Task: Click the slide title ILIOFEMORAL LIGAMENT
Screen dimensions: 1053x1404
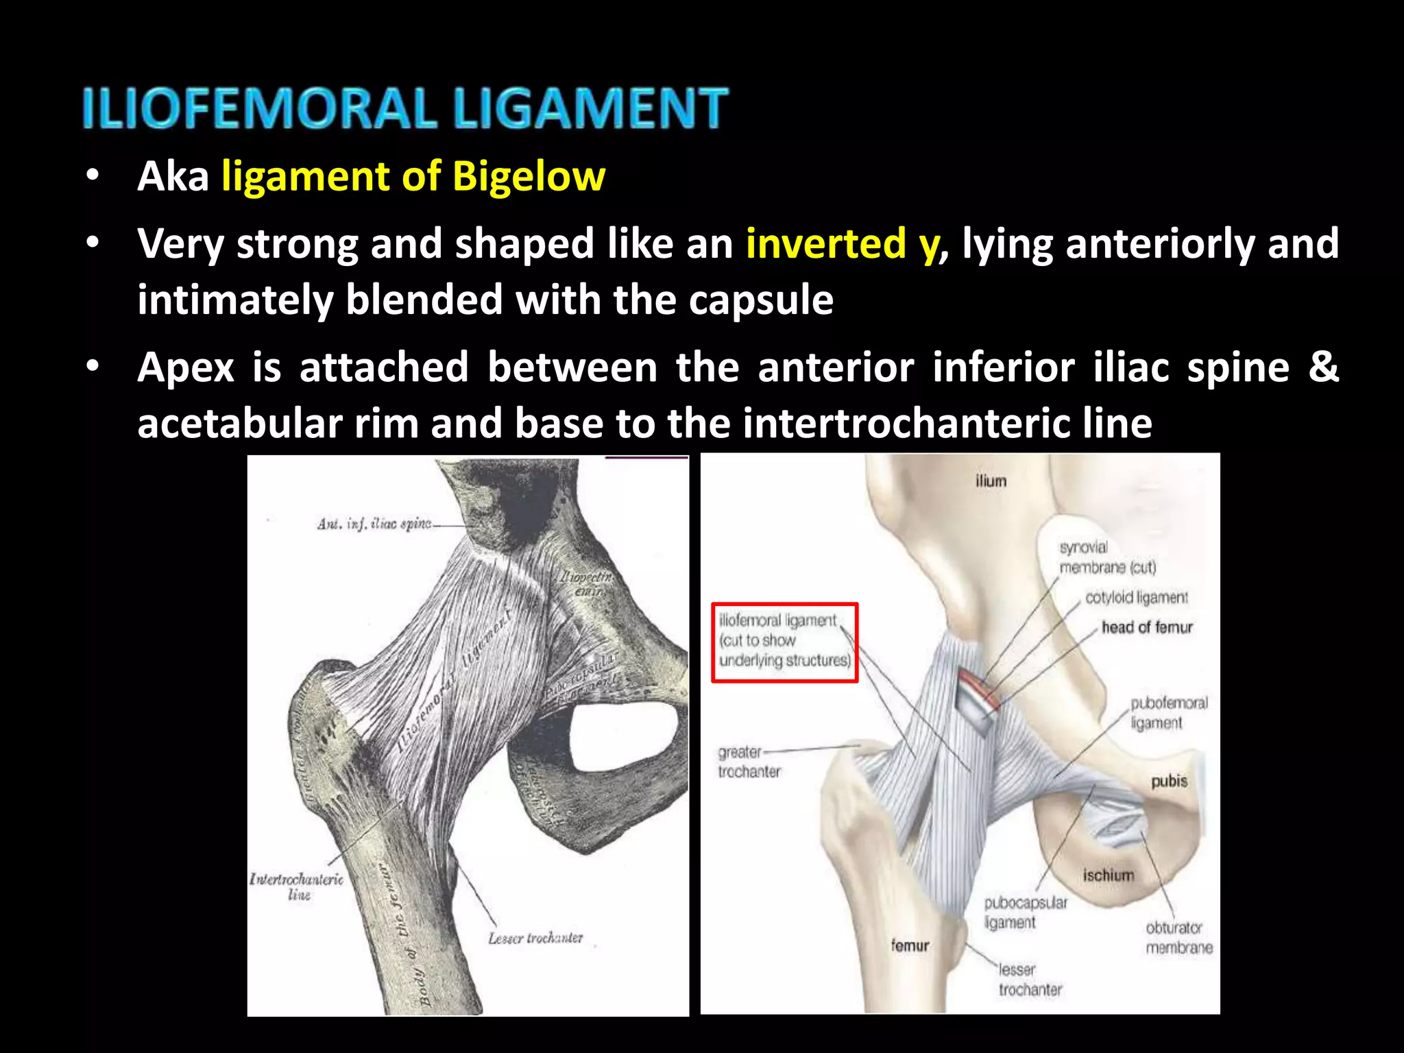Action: coord(404,108)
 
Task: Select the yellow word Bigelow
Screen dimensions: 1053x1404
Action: coord(529,176)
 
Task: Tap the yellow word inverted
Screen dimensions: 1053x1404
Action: coord(826,243)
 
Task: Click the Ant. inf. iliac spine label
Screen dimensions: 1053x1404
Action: coord(374,524)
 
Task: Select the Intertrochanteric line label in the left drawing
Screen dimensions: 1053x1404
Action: coord(297,886)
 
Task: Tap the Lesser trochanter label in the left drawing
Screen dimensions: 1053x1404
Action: coord(535,937)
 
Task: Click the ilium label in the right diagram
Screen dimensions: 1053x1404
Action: coord(991,481)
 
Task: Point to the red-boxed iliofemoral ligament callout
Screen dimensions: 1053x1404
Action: coord(784,641)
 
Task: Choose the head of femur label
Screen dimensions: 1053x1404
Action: coord(1147,627)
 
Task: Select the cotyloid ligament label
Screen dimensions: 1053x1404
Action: coord(1136,598)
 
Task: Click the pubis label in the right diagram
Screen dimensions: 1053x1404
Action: coord(1169,781)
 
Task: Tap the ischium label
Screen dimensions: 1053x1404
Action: coord(1109,875)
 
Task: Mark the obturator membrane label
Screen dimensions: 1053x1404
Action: coord(1178,937)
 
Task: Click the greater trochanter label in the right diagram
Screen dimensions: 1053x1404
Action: coord(748,762)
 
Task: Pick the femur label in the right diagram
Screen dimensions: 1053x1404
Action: coord(910,945)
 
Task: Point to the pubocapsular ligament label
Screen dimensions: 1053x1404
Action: coord(1025,912)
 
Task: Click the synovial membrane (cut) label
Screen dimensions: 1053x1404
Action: coord(1107,557)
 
